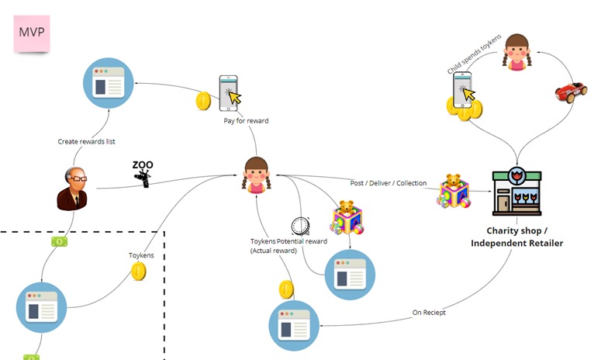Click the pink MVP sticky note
click(x=33, y=33)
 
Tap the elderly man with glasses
click(x=71, y=188)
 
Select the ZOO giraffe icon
click(x=143, y=174)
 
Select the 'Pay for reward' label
click(x=246, y=121)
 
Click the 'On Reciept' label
click(x=429, y=312)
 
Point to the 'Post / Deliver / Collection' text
click(x=389, y=183)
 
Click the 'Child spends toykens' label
click(x=475, y=54)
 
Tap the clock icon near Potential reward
click(x=302, y=226)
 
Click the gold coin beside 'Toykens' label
click(x=139, y=271)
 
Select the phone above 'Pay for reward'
click(x=228, y=92)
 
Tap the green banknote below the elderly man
click(x=59, y=242)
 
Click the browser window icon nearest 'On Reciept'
click(x=295, y=325)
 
